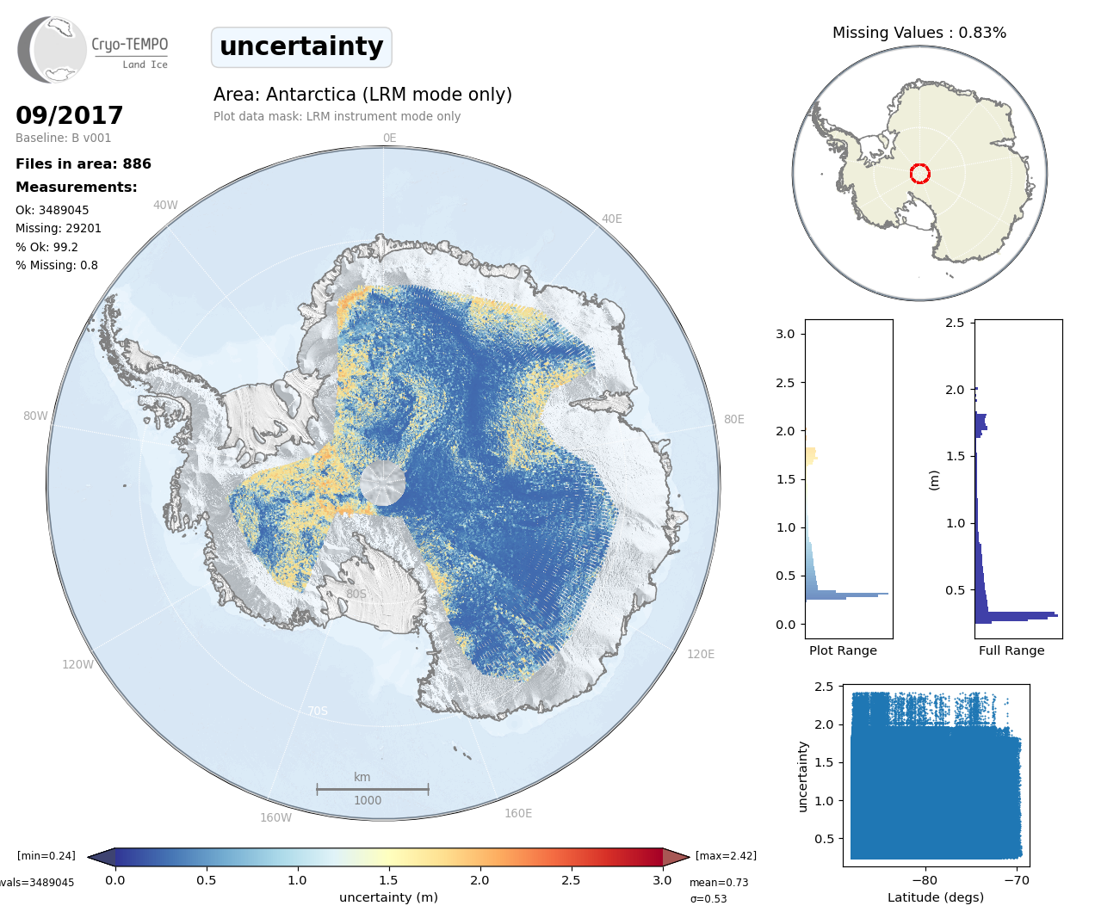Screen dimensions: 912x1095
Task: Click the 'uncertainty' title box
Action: tap(301, 46)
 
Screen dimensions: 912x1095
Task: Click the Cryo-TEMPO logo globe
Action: tap(53, 50)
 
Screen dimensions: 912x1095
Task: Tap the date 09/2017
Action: tap(70, 115)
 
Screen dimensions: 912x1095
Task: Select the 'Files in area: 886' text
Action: tap(84, 163)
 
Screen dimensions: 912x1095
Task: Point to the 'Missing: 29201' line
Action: tap(59, 228)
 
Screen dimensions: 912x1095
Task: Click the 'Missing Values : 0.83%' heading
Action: tap(919, 33)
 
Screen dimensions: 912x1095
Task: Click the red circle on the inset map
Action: tap(919, 174)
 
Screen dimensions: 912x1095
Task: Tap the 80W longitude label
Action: tap(35, 416)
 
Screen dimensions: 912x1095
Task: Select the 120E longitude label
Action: tap(701, 654)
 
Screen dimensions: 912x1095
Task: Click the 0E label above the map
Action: tap(389, 138)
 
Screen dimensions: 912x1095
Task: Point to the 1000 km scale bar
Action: tap(372, 788)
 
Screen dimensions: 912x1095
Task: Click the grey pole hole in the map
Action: tap(382, 483)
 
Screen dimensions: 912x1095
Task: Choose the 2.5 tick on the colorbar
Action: tap(571, 880)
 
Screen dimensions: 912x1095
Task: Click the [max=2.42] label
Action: tap(726, 855)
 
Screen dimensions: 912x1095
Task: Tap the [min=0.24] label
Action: tap(46, 855)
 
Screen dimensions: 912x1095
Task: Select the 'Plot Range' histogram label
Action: tap(843, 650)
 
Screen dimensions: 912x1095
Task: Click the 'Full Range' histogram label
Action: tap(1011, 650)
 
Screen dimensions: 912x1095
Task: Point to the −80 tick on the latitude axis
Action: tap(925, 879)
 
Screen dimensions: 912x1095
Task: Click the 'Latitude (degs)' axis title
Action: tap(935, 897)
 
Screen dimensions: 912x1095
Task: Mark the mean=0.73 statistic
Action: tap(719, 882)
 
